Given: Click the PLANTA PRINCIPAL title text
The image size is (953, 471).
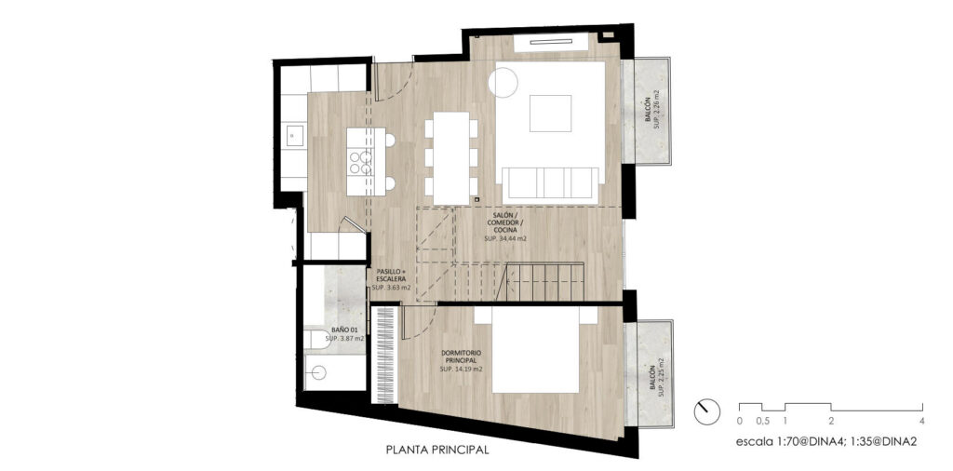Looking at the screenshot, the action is [x=437, y=451].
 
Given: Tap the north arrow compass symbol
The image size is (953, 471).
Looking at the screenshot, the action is [x=706, y=412].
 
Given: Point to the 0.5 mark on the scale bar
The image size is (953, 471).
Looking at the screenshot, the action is [x=762, y=421].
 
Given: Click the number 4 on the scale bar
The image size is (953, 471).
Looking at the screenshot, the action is [x=922, y=421].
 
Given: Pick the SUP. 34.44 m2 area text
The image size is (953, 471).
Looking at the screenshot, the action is [x=505, y=239].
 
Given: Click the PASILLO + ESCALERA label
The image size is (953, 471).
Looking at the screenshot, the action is [x=390, y=275].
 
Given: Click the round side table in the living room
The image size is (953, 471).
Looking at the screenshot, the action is [x=503, y=82].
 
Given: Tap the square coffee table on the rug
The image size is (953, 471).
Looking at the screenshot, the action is [x=550, y=113].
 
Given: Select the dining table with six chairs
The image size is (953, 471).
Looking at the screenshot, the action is [x=451, y=158].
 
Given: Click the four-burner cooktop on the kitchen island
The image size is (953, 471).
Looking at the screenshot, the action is [x=360, y=163].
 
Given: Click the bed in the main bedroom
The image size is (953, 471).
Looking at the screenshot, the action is [x=535, y=349].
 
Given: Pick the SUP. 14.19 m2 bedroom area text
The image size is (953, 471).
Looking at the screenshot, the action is [x=462, y=369].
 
